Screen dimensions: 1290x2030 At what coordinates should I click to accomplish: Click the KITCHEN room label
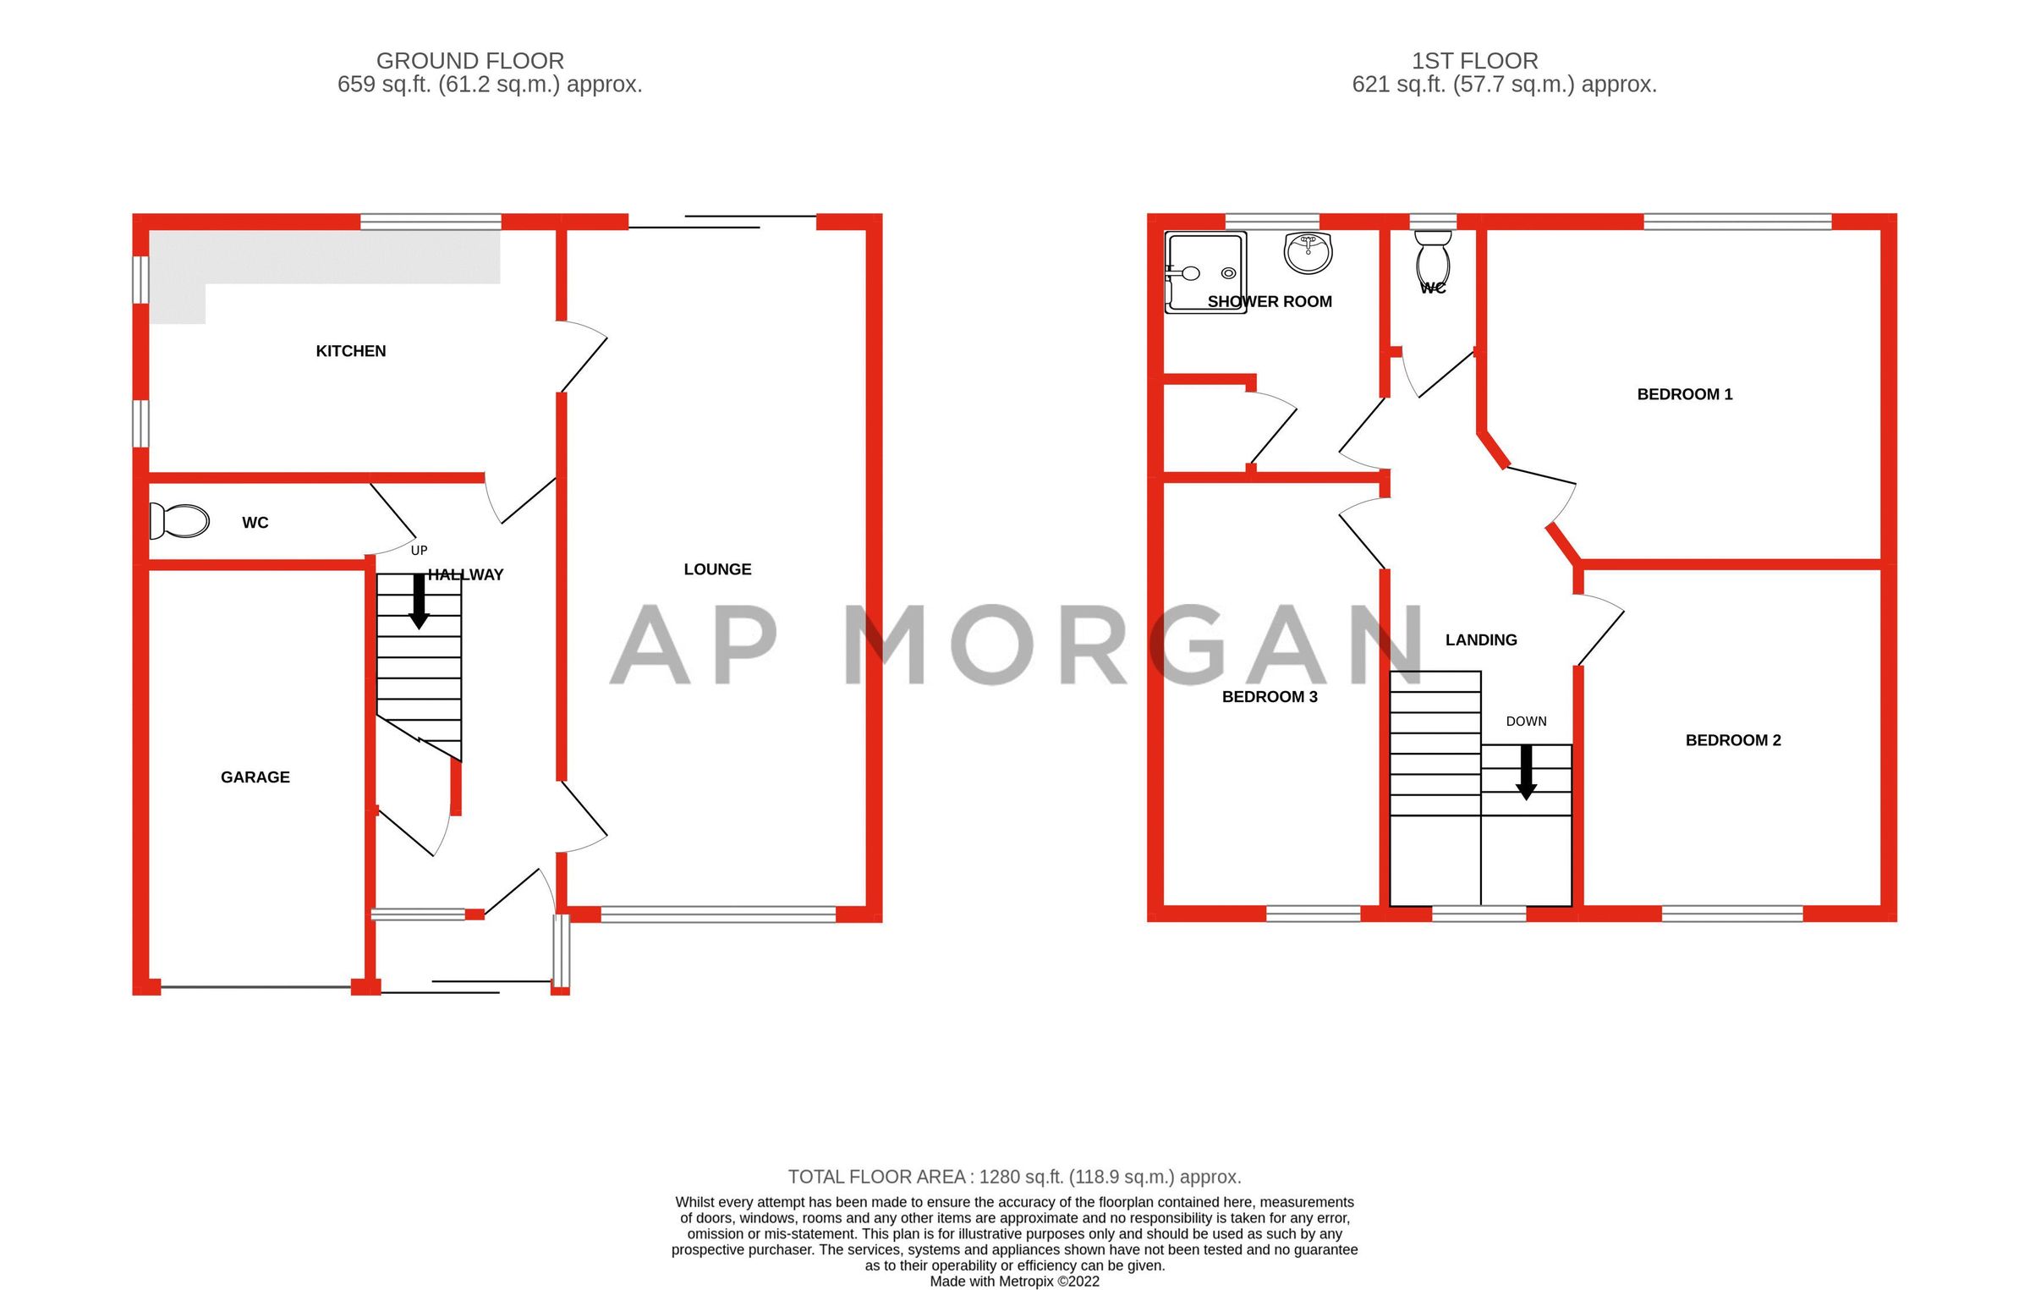(350, 351)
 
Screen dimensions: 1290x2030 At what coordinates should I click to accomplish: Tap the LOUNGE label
(717, 569)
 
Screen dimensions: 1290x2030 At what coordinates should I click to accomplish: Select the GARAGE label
(255, 777)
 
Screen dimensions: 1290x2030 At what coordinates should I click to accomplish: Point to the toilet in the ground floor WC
(180, 521)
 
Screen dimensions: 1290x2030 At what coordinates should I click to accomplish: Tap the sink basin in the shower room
(1308, 252)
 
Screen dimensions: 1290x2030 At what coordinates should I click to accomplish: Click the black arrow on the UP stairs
(419, 601)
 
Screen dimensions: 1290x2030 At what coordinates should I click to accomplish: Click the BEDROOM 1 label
(1684, 394)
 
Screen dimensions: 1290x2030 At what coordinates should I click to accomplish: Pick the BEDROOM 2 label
(1733, 740)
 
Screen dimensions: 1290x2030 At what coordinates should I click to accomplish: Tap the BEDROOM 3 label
(1270, 697)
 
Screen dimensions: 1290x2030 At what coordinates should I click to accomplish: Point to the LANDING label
(1481, 640)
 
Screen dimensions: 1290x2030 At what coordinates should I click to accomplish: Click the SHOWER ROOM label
(1270, 302)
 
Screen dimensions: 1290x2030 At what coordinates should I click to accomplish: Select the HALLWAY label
(465, 575)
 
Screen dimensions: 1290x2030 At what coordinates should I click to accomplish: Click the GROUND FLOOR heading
(470, 61)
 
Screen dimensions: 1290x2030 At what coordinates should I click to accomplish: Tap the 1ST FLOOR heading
(1474, 61)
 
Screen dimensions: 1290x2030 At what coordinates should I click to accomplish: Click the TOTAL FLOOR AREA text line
(1014, 1177)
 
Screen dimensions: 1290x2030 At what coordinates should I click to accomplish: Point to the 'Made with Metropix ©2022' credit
(1014, 1281)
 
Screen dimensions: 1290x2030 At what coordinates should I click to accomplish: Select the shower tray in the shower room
(1205, 272)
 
